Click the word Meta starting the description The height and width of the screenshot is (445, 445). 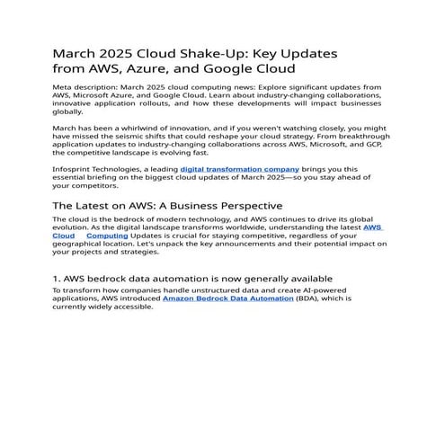tap(64, 88)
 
